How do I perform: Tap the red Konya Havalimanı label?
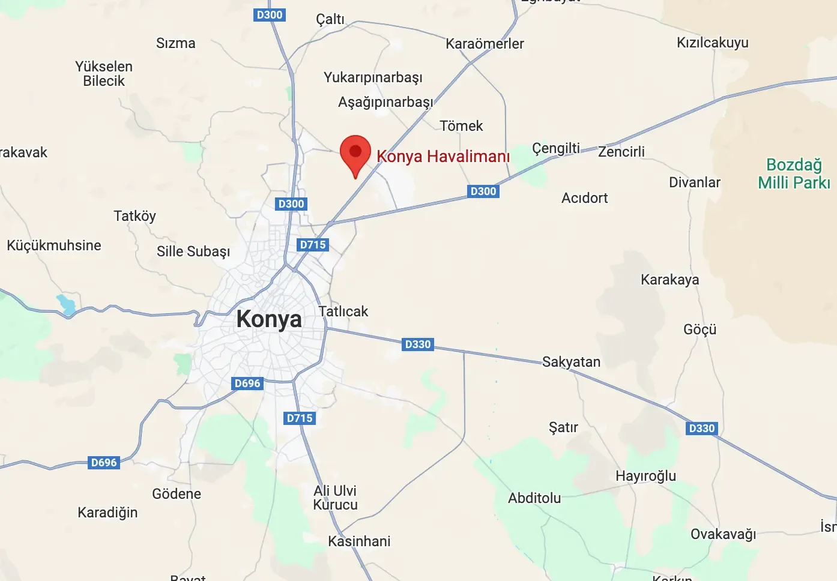pos(443,157)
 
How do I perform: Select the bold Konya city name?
pos(269,319)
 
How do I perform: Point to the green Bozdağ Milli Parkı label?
pos(794,173)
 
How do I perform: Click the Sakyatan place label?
pos(571,362)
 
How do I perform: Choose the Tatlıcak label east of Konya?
pos(343,312)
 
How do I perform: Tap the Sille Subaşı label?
pos(193,251)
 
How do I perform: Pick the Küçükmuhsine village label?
pos(54,245)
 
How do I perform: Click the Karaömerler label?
pos(485,44)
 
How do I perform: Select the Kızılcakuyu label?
pos(712,43)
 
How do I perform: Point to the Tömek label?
pos(461,126)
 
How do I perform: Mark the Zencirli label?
pos(621,152)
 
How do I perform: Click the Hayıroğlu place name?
pos(645,476)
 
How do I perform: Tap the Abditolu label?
pos(534,498)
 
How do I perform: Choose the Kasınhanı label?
pos(359,541)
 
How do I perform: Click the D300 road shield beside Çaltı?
pos(269,15)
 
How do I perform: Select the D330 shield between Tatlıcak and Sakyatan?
pos(418,345)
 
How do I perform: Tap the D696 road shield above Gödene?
pos(104,463)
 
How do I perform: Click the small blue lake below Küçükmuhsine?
pos(66,304)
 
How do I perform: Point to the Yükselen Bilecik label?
pos(104,74)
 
